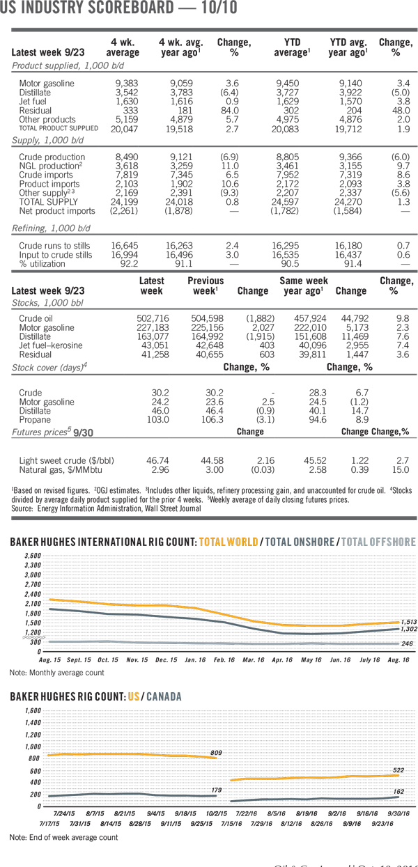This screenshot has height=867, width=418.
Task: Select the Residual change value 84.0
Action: click(x=229, y=110)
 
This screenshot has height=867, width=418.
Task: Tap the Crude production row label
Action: click(x=52, y=157)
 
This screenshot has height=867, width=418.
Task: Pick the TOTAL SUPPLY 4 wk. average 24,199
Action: click(x=125, y=203)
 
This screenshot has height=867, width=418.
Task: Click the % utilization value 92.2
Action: click(x=129, y=264)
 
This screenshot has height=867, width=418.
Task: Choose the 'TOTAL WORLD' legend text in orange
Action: click(x=229, y=542)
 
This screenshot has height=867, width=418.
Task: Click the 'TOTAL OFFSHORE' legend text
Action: click(x=378, y=542)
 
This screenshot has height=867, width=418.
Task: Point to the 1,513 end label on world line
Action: click(x=408, y=622)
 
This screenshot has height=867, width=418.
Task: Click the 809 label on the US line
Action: click(x=216, y=753)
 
